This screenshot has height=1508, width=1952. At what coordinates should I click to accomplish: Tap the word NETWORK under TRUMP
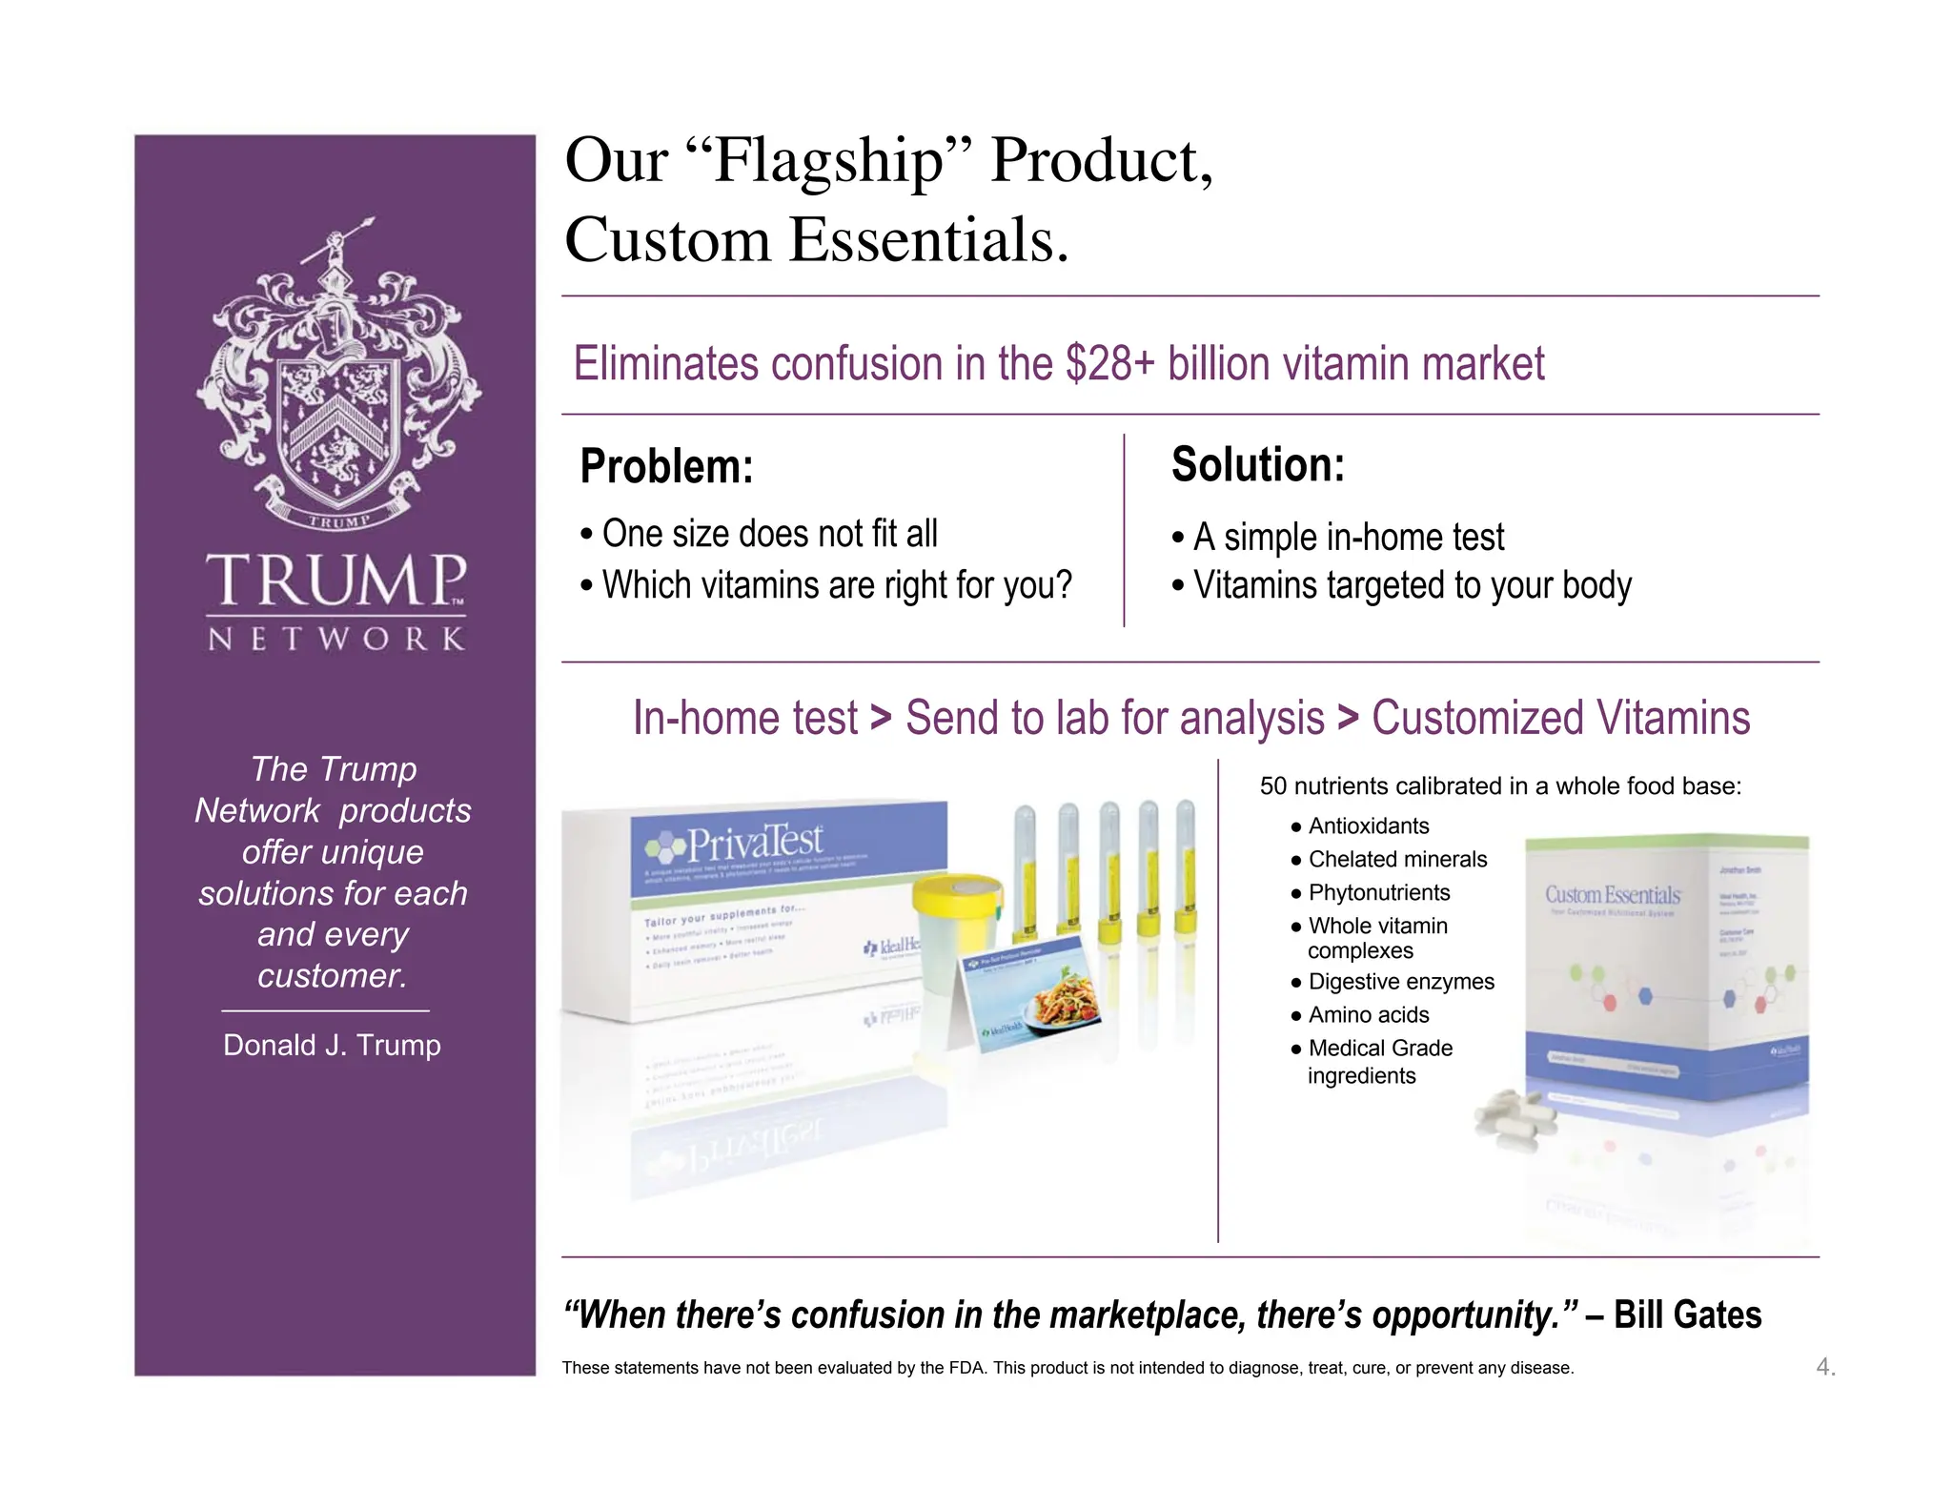(336, 639)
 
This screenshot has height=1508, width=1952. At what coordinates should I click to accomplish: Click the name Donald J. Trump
(332, 1045)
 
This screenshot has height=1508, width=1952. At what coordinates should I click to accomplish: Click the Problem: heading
(666, 467)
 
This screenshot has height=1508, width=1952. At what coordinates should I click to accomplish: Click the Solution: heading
(1257, 465)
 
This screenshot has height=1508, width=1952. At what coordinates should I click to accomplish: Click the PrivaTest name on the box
(753, 842)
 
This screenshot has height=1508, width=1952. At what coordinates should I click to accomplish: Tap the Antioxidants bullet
(1368, 826)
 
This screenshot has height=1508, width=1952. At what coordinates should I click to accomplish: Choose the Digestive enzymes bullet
(1400, 982)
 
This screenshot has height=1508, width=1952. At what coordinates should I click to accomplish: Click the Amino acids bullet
(1368, 1015)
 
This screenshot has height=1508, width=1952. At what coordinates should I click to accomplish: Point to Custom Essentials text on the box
(1612, 895)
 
